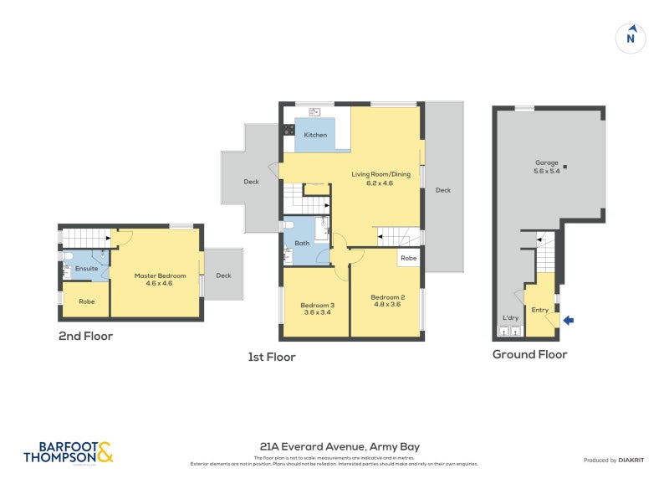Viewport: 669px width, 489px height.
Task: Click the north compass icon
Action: point(631,38)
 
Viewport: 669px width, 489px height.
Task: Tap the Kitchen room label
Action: point(315,135)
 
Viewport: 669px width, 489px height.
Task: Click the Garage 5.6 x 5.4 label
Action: point(547,167)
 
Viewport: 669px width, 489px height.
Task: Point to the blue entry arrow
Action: point(569,319)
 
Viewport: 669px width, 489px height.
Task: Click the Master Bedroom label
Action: point(159,279)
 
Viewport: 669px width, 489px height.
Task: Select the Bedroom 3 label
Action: point(318,309)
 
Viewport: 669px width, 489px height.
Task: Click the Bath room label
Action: point(301,244)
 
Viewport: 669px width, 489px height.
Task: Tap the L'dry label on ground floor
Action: point(510,317)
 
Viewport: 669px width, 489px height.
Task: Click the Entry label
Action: point(540,310)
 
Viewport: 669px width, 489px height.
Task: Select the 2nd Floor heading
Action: point(85,337)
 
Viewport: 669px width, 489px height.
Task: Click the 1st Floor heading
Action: point(272,357)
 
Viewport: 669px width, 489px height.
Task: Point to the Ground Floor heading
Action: point(529,354)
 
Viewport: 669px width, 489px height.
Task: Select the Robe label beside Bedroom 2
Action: point(408,259)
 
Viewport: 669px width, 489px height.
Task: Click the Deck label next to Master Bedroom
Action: point(223,275)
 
